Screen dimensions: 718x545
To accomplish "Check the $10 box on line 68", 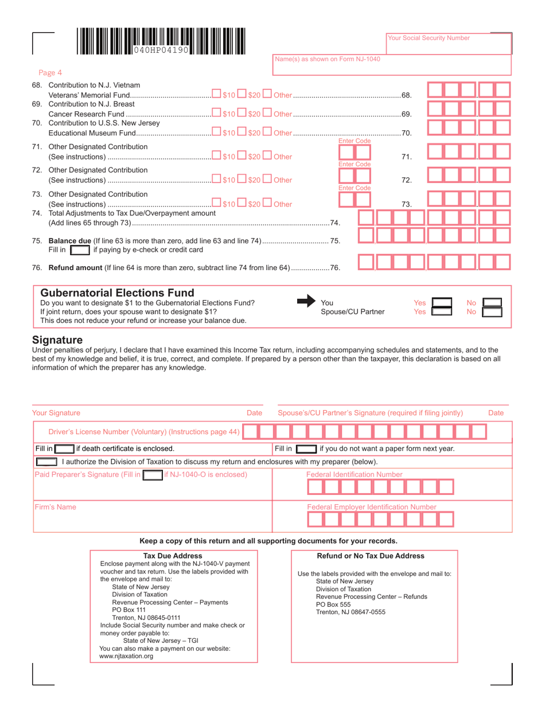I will (216, 93).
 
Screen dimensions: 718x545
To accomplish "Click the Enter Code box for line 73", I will (355, 203).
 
